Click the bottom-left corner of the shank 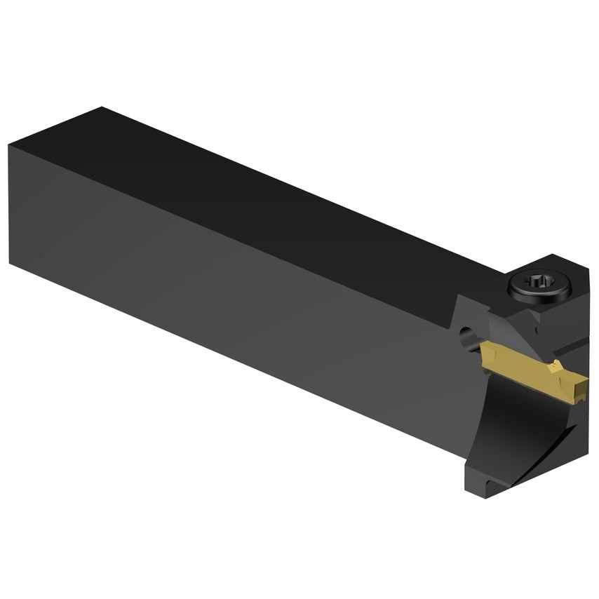click(11, 262)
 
